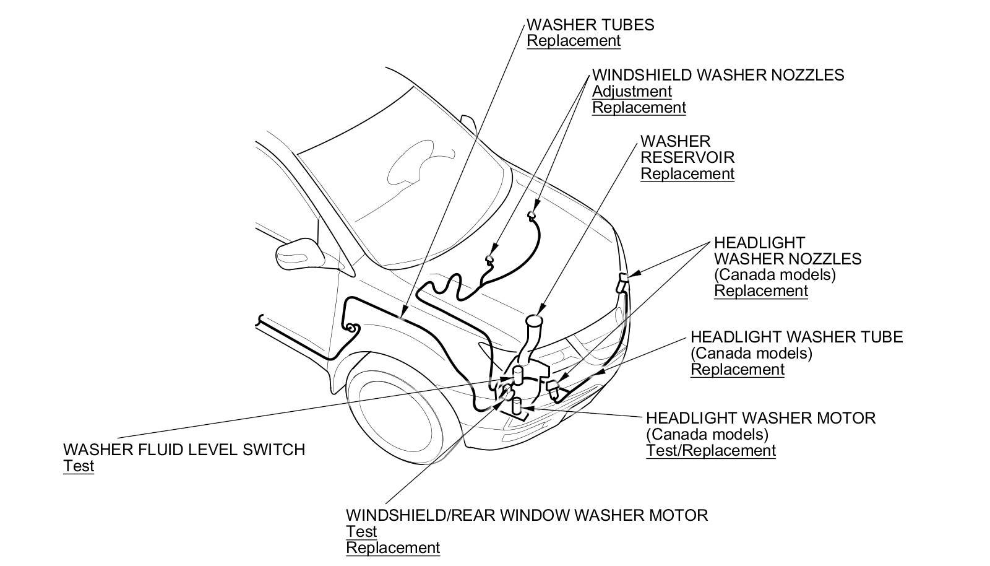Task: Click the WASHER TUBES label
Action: click(590, 25)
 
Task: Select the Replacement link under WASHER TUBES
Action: click(573, 41)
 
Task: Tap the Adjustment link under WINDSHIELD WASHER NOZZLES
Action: click(632, 91)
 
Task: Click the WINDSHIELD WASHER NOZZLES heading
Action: click(718, 75)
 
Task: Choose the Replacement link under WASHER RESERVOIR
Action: click(687, 174)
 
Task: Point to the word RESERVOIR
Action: click(687, 157)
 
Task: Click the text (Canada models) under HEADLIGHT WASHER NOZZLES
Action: click(775, 274)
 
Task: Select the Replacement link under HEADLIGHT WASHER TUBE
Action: click(737, 370)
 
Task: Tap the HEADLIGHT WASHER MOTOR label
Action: click(760, 418)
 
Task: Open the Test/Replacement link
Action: click(710, 451)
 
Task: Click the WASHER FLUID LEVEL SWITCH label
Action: click(184, 450)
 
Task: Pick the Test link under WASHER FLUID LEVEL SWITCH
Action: click(78, 466)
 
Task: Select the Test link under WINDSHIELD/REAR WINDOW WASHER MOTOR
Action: click(361, 532)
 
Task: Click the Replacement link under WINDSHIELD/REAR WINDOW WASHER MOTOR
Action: click(392, 548)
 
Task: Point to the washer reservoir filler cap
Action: click(533, 321)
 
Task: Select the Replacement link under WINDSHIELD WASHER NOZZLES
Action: click(639, 108)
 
